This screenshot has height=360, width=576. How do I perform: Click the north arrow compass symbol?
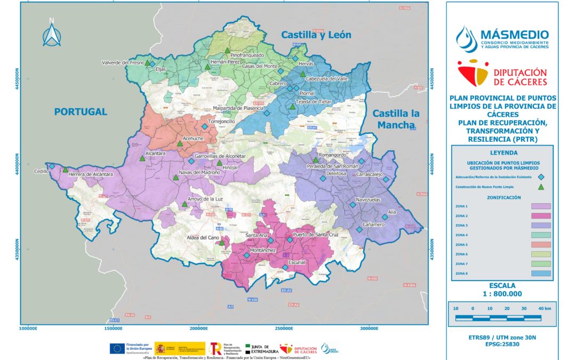pos(51,34)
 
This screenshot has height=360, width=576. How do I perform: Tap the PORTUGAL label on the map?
pos(81,111)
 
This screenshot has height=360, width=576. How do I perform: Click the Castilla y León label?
pos(316,35)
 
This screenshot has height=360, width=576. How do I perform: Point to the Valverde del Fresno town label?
pos(123,63)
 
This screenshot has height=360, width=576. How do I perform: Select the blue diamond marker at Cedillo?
pos(52,166)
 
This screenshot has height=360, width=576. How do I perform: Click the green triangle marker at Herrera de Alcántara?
pos(65,170)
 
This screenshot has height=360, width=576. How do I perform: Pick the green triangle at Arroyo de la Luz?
pos(185,204)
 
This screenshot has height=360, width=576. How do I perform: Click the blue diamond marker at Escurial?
pos(285,268)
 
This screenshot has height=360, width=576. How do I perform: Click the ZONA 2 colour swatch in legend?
pos(541,216)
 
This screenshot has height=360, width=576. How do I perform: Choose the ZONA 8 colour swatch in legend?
pos(541,273)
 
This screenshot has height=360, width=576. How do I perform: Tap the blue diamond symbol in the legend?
pos(541,177)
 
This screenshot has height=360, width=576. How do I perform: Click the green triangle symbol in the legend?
pos(541,187)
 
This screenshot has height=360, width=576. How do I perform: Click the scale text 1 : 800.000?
pos(501,294)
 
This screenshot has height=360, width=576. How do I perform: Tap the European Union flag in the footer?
pos(117,349)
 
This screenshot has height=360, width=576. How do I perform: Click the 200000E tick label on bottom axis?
pos(198,329)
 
